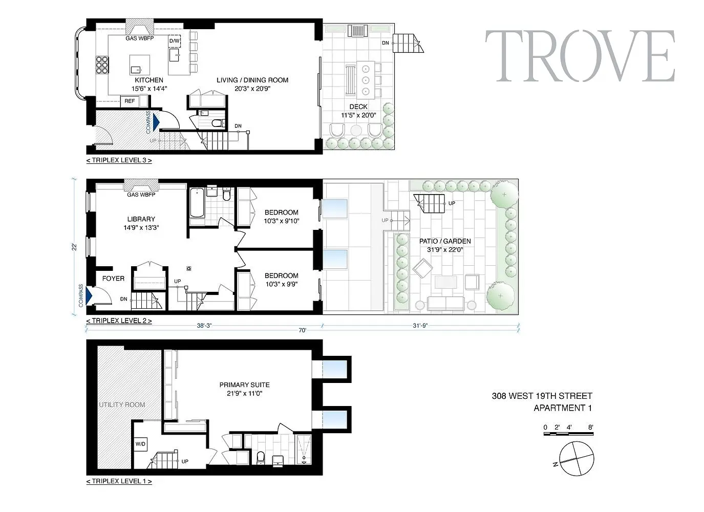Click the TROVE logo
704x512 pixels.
tap(580, 56)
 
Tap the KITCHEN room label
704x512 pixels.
tap(149, 80)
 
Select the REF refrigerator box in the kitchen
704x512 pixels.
tap(130, 101)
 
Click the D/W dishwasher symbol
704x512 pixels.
tap(175, 41)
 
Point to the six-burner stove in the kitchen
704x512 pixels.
tap(102, 65)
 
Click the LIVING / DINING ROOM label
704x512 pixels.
tap(252, 80)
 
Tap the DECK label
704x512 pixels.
tap(358, 107)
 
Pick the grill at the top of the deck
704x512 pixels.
tap(358, 31)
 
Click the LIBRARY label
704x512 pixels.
tap(141, 219)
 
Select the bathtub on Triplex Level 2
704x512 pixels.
tap(197, 202)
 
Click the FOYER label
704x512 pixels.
tap(113, 279)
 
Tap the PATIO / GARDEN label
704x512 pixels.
tap(445, 241)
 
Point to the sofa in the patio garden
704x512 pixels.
tap(445, 303)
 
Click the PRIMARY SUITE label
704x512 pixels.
tap(245, 385)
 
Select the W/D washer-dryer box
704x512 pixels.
tap(140, 444)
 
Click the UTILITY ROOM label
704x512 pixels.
tap(122, 404)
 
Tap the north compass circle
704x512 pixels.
tap(577, 459)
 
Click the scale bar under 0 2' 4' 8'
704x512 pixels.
tap(568, 434)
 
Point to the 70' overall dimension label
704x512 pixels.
tap(303, 330)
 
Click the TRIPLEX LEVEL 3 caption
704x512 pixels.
tap(119, 160)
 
